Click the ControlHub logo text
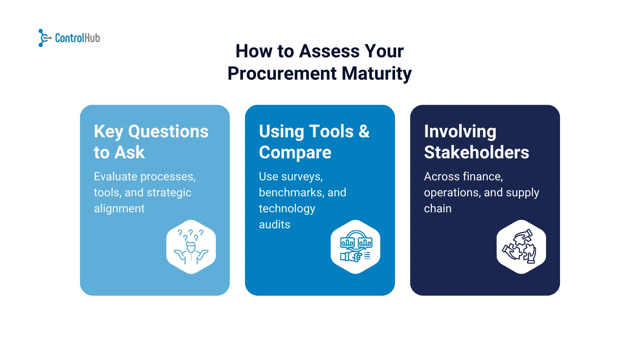click(x=77, y=38)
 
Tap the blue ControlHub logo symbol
click(x=44, y=38)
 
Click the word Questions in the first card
click(x=168, y=131)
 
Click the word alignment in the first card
click(x=119, y=208)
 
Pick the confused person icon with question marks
click(x=191, y=247)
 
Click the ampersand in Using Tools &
click(x=364, y=131)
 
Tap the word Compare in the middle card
click(x=295, y=152)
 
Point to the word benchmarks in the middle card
click(x=291, y=192)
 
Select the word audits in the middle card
click(x=274, y=224)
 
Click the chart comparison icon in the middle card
click(x=356, y=247)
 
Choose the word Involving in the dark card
click(x=460, y=131)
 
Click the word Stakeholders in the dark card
click(x=476, y=152)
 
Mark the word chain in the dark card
click(x=438, y=208)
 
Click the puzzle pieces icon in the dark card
click(x=521, y=247)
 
